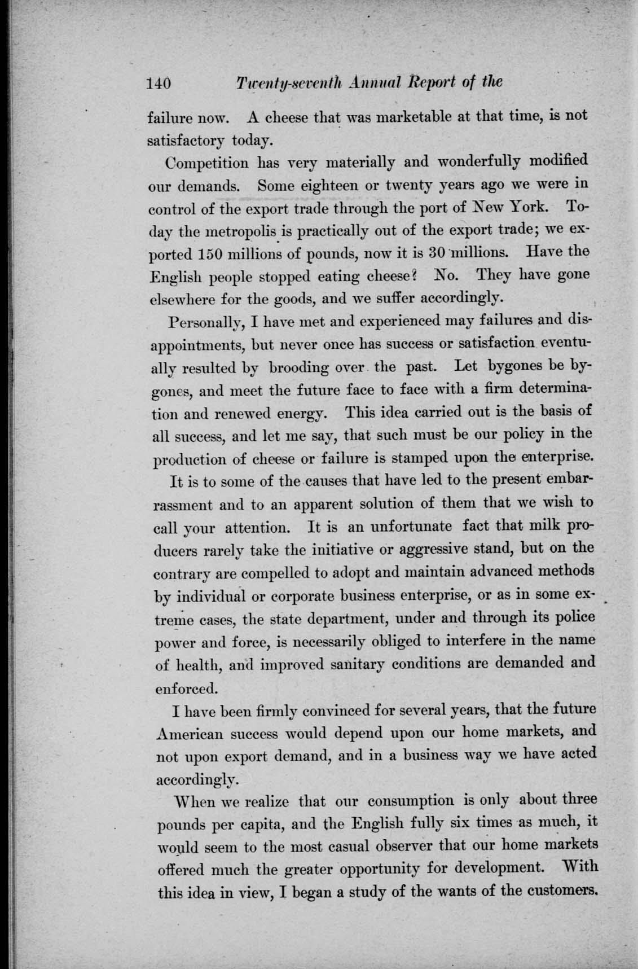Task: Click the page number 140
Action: pos(159,84)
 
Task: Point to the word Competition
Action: pos(207,163)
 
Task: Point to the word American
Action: pos(195,734)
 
